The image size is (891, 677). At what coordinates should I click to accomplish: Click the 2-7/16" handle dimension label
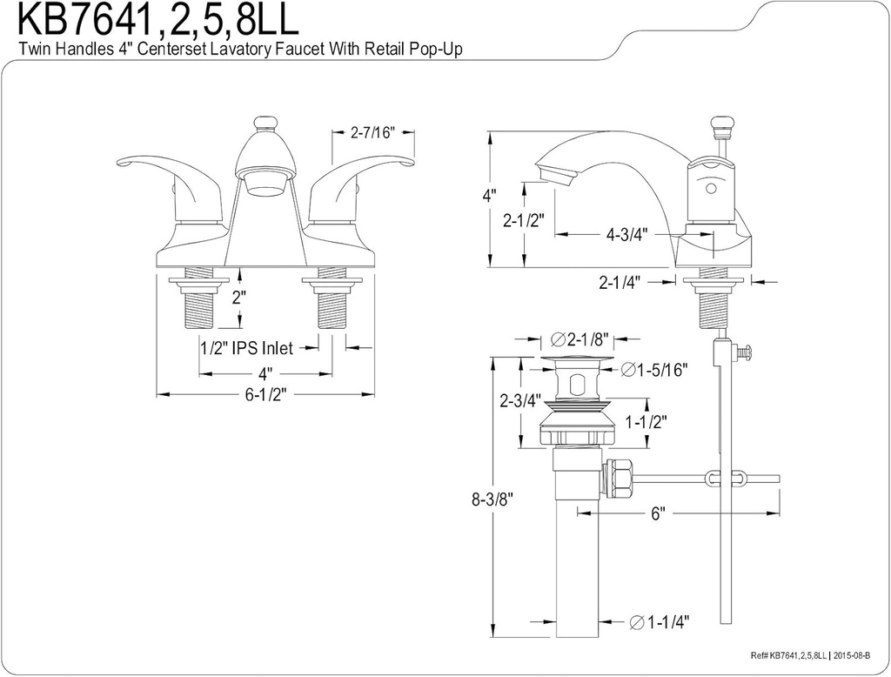point(372,133)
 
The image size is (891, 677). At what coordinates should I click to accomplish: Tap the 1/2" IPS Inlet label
point(246,348)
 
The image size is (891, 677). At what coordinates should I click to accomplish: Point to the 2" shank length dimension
point(238,297)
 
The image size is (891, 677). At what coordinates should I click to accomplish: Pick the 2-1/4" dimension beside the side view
point(620,281)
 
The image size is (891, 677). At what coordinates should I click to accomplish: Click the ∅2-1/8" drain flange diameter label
point(579,338)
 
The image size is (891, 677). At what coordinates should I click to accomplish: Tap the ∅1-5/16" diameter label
point(655,370)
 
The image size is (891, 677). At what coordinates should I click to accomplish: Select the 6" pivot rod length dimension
point(659,514)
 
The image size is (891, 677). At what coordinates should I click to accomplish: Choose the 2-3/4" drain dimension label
point(520,401)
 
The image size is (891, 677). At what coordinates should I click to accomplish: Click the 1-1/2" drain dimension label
point(646,422)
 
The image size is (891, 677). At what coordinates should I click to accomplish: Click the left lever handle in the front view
point(165,174)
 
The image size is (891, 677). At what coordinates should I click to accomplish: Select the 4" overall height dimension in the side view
point(489,196)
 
